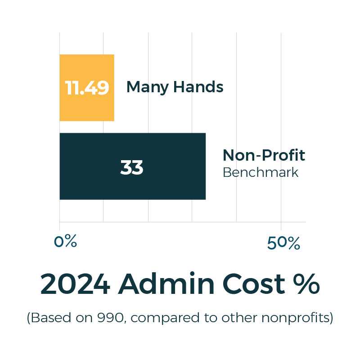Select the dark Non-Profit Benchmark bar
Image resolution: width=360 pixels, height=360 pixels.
point(171,184)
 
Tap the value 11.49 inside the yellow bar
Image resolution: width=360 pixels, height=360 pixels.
point(87,88)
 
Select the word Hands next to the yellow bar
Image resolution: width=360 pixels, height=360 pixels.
point(198,87)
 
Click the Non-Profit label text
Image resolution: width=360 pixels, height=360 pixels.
point(264,156)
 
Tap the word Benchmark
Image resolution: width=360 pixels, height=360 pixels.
point(261,172)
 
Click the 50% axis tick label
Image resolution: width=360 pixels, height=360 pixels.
point(283,243)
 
